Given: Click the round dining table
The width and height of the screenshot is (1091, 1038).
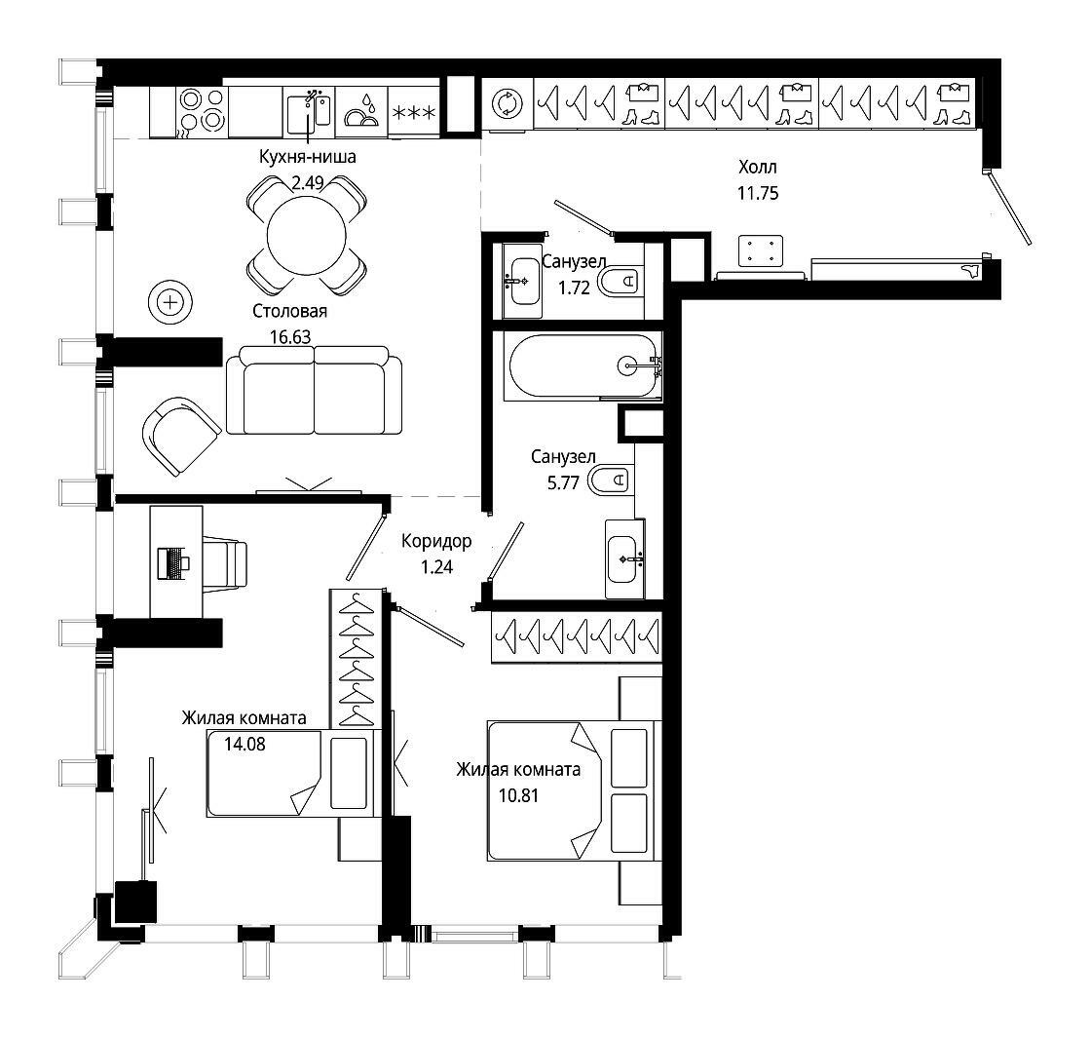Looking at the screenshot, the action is (306, 235).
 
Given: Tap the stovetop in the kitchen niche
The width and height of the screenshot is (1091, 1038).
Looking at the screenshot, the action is (202, 111).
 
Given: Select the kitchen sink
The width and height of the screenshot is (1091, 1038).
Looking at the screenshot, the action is (309, 111).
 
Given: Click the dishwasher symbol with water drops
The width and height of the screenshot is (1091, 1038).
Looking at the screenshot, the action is (361, 111).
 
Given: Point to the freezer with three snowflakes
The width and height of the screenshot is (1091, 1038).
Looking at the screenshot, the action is (413, 112).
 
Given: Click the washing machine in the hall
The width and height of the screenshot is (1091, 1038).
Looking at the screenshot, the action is (508, 103).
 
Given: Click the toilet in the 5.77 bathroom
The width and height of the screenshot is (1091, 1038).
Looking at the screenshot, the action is (610, 481).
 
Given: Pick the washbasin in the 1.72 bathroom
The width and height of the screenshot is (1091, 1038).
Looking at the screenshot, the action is (522, 282).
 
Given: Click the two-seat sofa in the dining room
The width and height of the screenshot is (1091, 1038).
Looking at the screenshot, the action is (314, 390).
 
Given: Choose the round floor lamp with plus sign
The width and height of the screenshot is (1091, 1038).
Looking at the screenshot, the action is (169, 303).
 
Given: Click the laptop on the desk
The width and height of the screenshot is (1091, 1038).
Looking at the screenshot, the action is (174, 563).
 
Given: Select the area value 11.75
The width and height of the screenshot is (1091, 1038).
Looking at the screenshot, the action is (758, 194).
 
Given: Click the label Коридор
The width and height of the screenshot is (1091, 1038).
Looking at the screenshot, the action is (436, 541).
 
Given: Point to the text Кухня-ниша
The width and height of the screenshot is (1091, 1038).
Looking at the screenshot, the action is (308, 157).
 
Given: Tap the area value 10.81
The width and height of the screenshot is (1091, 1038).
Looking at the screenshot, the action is (519, 795).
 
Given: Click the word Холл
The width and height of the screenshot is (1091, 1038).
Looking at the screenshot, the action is (758, 167).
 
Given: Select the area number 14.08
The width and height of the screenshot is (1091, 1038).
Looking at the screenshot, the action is (245, 745).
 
